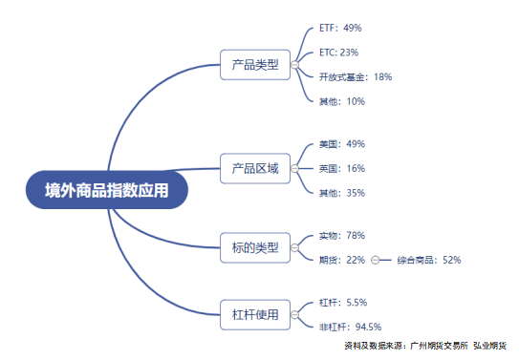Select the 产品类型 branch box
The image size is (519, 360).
pos(254,65)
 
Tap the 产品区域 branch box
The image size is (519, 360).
pos(254,169)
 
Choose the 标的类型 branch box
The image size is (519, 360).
pos(254,247)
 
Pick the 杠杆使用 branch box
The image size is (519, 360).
pos(254,314)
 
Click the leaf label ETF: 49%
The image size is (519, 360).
pos(340,29)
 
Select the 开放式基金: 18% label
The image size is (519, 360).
pos(356,76)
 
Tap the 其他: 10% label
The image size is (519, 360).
pos(342,101)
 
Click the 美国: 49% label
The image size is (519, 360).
pos(342,144)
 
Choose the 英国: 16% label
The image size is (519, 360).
pos(342,168)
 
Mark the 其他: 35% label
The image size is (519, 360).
pos(342,193)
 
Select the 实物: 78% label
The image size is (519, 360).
pos(342,235)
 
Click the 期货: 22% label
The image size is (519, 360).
pos(342,260)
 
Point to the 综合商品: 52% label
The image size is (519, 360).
pos(429,260)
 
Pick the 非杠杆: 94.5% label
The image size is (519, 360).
pos(350,327)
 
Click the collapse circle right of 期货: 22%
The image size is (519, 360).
pos(375,260)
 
